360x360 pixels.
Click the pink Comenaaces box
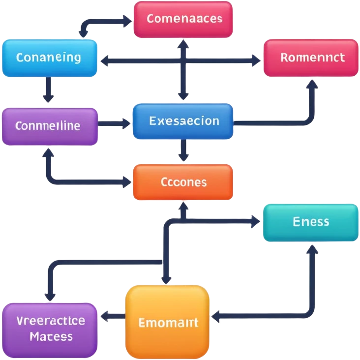(x=183, y=19)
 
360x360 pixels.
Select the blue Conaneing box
(x=49, y=58)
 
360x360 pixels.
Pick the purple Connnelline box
(x=49, y=126)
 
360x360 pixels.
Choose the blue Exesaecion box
(x=183, y=121)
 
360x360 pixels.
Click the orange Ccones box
(x=183, y=182)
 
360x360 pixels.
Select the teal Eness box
(x=310, y=222)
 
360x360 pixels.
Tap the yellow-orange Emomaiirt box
(x=168, y=323)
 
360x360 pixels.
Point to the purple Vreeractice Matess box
(x=49, y=330)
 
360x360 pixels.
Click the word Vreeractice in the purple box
(x=50, y=321)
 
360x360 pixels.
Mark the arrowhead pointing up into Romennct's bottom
(x=312, y=83)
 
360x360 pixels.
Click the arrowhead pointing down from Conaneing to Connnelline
(x=48, y=99)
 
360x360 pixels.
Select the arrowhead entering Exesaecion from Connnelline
(x=126, y=120)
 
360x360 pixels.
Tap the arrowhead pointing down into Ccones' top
(x=183, y=157)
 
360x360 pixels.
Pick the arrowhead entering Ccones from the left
(x=127, y=182)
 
